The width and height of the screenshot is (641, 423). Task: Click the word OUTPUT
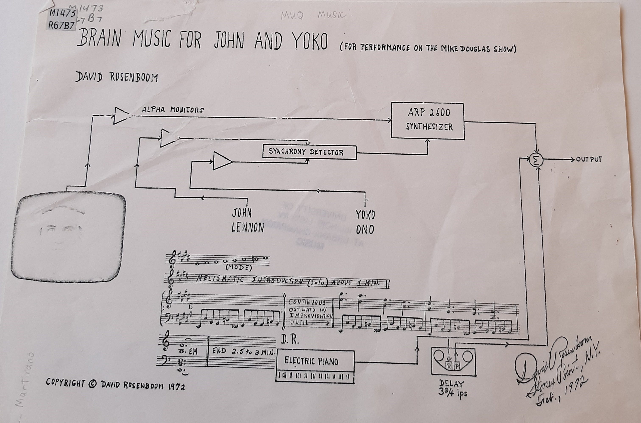tap(589, 160)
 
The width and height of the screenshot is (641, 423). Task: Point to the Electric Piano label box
tap(315, 361)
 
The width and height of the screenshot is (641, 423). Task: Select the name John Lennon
tap(247, 220)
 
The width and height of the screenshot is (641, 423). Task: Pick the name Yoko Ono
tap(365, 222)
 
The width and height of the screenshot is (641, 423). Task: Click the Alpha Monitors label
tap(173, 110)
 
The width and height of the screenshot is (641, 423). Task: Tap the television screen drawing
tap(68, 237)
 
